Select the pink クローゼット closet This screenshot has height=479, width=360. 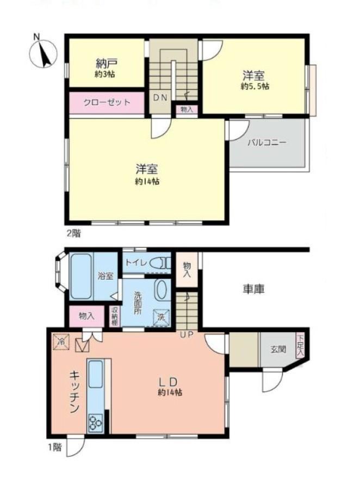pyautogui.click(x=107, y=103)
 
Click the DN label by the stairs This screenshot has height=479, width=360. pyautogui.click(x=160, y=98)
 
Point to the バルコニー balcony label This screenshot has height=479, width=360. pyautogui.click(x=267, y=142)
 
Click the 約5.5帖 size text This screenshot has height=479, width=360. pyautogui.click(x=255, y=86)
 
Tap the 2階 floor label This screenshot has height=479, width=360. pyautogui.click(x=74, y=234)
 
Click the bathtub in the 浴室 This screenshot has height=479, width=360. pyautogui.click(x=81, y=276)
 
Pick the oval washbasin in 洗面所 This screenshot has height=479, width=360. pyautogui.click(x=161, y=289)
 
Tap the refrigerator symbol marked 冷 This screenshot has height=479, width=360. pyautogui.click(x=61, y=342)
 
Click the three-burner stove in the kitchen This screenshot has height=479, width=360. pyautogui.click(x=96, y=423)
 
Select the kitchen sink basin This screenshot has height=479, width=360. pyautogui.click(x=96, y=374)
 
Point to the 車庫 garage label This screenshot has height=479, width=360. pyautogui.click(x=253, y=289)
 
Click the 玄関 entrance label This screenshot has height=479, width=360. pyautogui.click(x=278, y=349)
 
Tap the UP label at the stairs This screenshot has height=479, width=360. pyautogui.click(x=187, y=335)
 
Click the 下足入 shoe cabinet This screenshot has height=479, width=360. pyautogui.click(x=300, y=346)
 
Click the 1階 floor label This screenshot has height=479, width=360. pyautogui.click(x=54, y=447)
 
